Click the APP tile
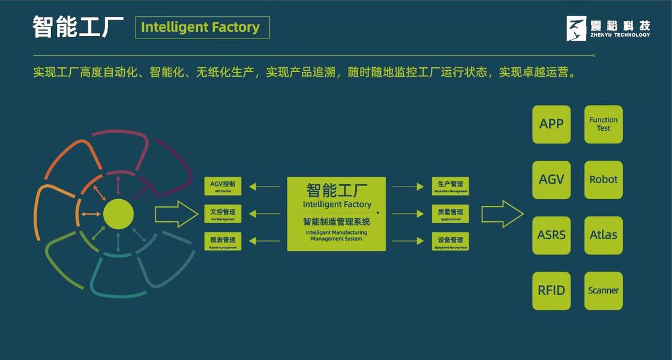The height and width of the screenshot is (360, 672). click(551, 124)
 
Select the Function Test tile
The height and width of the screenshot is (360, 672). click(603, 124)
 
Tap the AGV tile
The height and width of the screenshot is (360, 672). click(551, 180)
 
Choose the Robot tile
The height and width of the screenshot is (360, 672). click(603, 180)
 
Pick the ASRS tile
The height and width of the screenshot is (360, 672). click(551, 235)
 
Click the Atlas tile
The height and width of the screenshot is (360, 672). click(603, 235)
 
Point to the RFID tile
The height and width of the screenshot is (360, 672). click(551, 291)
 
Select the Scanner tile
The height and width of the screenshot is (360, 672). click(603, 291)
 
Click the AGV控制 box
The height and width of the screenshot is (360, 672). click(223, 186)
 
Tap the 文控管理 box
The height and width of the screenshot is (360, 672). click(223, 214)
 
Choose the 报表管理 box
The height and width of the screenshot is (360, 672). click(223, 241)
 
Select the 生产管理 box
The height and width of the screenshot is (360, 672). click(450, 186)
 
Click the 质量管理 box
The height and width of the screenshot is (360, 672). click(450, 214)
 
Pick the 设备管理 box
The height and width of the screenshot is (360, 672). click(450, 241)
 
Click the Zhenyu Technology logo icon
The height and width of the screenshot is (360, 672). click(577, 28)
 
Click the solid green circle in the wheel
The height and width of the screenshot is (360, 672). click(118, 214)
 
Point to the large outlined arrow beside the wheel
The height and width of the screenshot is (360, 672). click(176, 214)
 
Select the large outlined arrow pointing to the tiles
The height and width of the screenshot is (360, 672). click(502, 214)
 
